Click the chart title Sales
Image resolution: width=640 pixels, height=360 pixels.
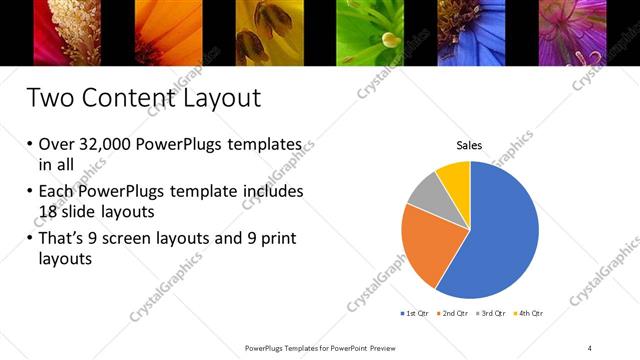click(469, 146)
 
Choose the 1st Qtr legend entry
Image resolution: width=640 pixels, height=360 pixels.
click(415, 314)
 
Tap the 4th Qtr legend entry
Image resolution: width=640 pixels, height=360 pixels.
click(530, 314)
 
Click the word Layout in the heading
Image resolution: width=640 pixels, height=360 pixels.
click(216, 98)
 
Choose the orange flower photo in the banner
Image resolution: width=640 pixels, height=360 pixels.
click(169, 33)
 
